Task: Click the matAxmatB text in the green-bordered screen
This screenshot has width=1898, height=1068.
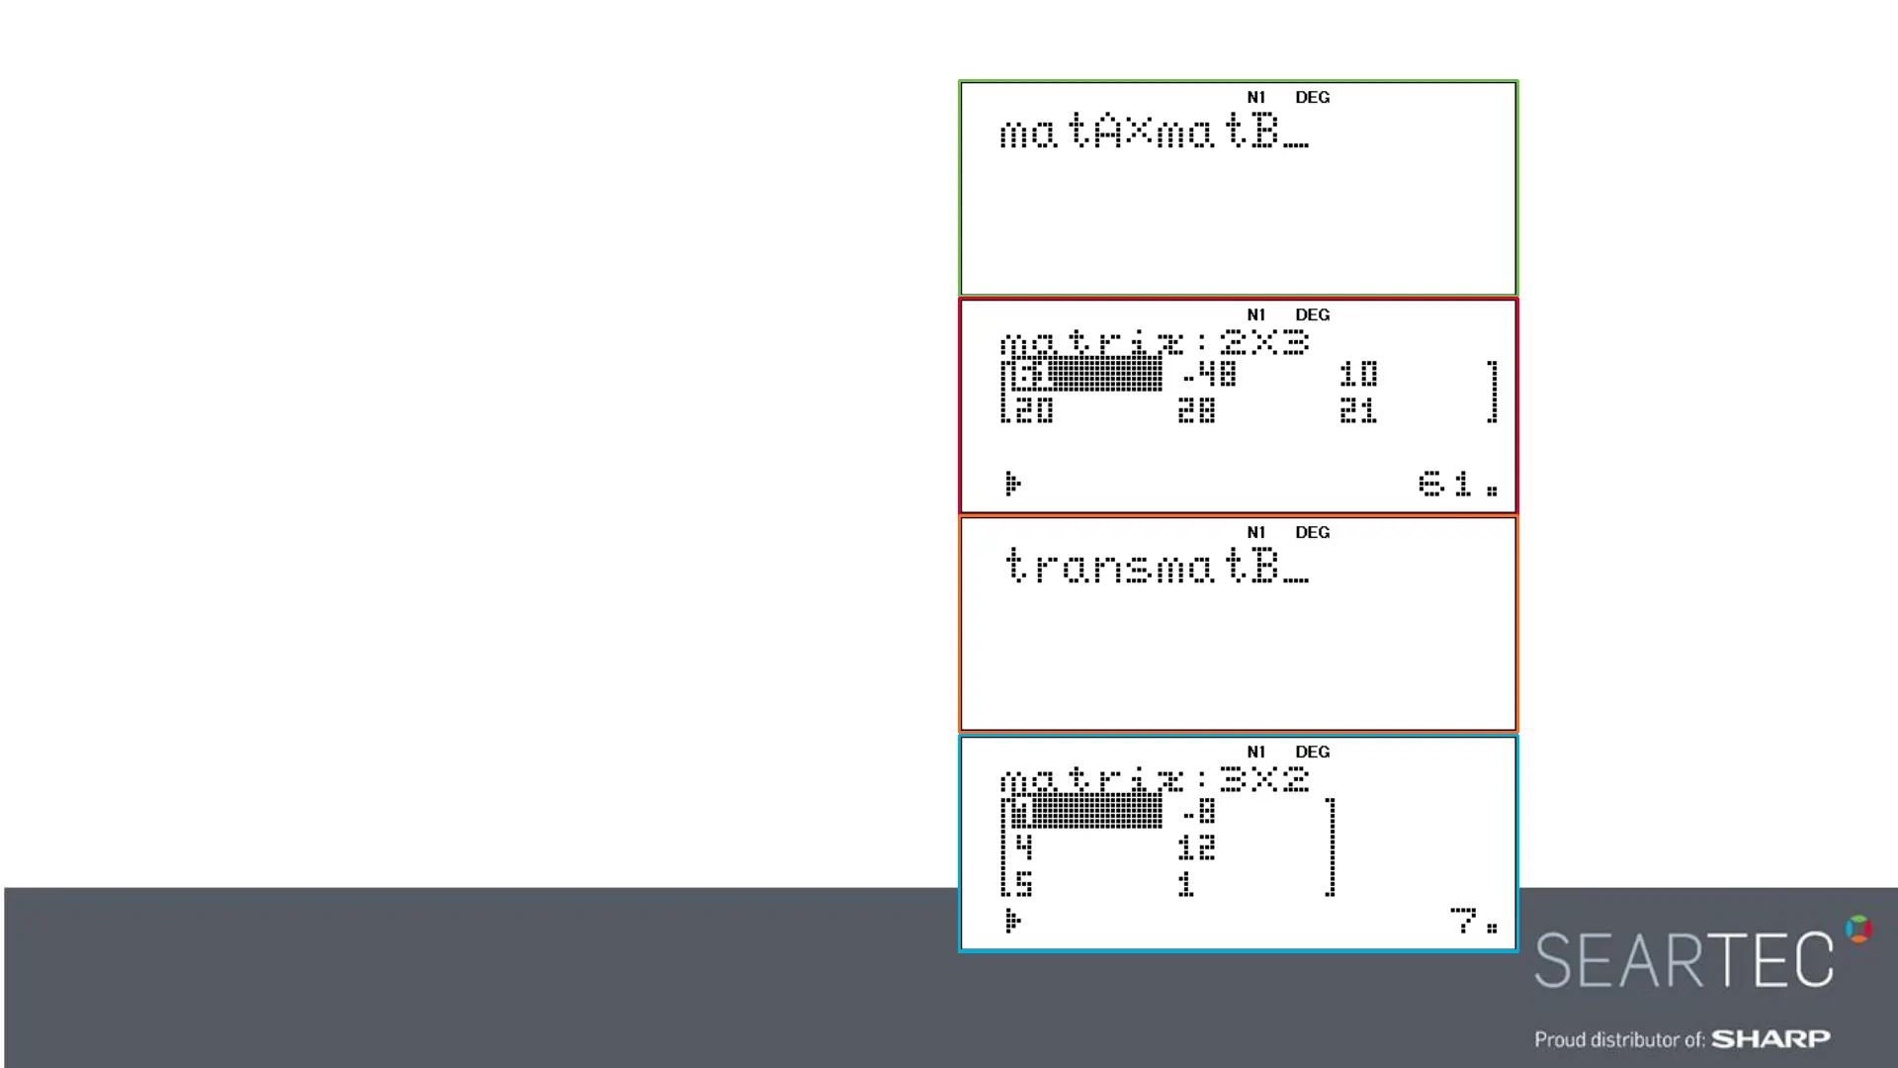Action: (1153, 132)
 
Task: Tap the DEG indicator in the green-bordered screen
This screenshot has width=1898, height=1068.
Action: (1312, 97)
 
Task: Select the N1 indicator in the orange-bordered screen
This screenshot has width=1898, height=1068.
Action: (1255, 532)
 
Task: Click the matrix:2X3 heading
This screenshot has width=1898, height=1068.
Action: (1155, 343)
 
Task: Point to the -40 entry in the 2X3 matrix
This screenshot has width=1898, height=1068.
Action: (1209, 375)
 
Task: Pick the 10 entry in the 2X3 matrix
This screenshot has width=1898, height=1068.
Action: (1358, 375)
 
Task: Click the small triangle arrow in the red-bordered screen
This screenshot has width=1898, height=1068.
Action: (1012, 484)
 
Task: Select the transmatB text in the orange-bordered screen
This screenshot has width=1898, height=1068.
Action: (1157, 567)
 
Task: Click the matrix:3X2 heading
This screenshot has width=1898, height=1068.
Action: (1155, 780)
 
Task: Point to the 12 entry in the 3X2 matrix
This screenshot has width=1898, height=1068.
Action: (1196, 847)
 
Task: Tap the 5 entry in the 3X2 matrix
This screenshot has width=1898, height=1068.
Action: (1023, 883)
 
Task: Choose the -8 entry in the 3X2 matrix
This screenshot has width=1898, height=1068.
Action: (1198, 812)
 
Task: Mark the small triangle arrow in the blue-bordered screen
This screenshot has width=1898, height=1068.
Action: (1012, 921)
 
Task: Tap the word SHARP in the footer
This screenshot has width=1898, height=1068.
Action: (1770, 1038)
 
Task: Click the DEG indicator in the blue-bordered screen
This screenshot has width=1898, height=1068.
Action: (1312, 752)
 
